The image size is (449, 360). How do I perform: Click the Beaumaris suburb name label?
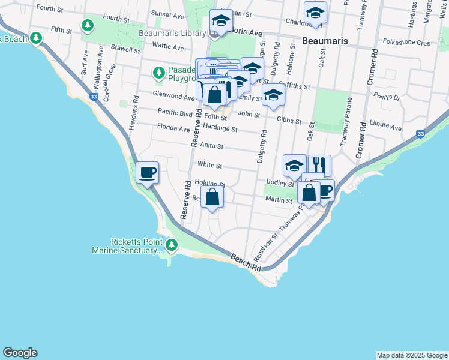(x=324, y=43)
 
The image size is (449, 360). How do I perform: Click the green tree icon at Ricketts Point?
(x=172, y=245)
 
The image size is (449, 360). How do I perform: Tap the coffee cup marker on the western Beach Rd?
(x=148, y=173)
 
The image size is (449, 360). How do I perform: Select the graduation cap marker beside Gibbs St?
(x=273, y=95)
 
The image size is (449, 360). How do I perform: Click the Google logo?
(x=20, y=353)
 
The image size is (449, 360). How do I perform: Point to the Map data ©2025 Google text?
(x=411, y=355)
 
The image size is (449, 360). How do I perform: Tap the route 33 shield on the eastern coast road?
(x=421, y=133)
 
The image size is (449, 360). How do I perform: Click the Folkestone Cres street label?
(x=406, y=43)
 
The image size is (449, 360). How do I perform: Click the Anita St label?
(x=211, y=145)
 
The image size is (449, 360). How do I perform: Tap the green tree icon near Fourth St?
(x=88, y=25)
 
